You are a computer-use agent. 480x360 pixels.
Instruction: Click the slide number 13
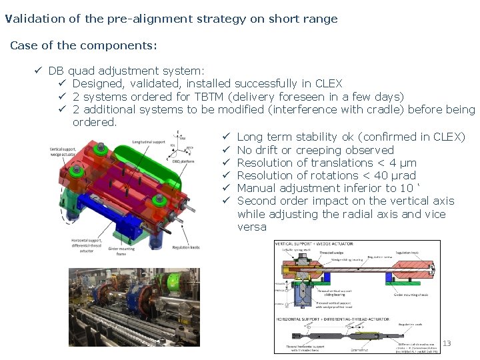pos(447,343)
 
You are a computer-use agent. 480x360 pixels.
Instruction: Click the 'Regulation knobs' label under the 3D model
pos(185,247)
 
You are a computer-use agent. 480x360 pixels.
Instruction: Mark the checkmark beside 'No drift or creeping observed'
pos(226,150)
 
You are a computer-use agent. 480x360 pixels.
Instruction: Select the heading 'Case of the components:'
pos(84,46)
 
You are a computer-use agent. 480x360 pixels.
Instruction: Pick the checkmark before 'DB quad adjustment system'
pos(39,71)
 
